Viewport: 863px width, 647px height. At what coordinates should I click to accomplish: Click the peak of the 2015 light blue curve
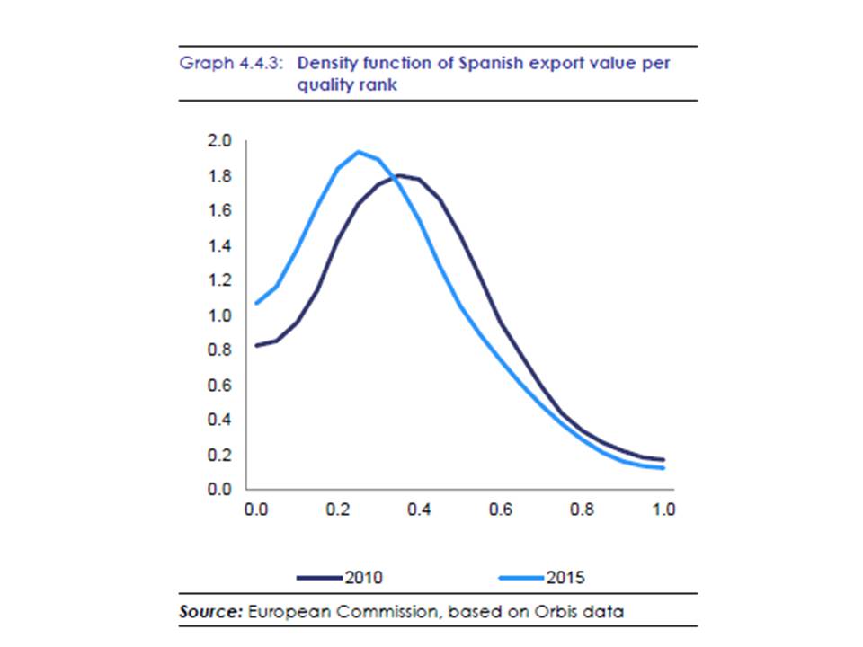pos(358,152)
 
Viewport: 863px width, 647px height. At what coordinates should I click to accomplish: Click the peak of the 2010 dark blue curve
pos(398,174)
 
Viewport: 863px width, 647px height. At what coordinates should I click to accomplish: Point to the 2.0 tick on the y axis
pos(220,141)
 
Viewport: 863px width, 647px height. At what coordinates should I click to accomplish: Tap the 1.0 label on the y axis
pos(220,315)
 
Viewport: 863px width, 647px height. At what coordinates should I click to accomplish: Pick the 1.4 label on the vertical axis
pos(220,246)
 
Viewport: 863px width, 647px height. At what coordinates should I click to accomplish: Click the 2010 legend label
pos(363,577)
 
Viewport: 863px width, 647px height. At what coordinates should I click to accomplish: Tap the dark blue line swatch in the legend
pos(319,577)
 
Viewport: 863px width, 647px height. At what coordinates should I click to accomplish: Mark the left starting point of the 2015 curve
pos(256,303)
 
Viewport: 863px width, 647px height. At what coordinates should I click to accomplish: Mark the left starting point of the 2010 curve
pos(256,345)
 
